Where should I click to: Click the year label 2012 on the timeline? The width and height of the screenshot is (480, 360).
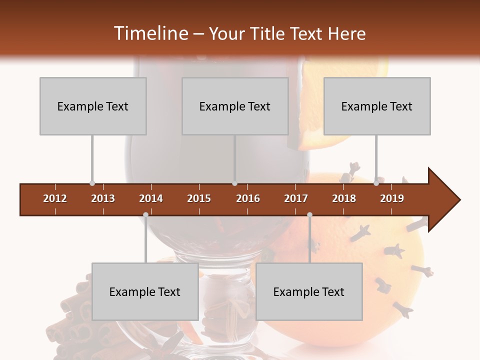pyautogui.click(x=55, y=198)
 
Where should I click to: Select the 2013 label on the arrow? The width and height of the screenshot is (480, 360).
pyautogui.click(x=103, y=198)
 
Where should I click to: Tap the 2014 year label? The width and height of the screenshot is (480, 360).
pyautogui.click(x=151, y=198)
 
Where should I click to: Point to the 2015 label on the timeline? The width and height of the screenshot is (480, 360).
pyautogui.click(x=199, y=198)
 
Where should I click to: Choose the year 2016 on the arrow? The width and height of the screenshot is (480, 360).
pyautogui.click(x=248, y=198)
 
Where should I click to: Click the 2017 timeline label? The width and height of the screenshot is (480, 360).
pyautogui.click(x=296, y=198)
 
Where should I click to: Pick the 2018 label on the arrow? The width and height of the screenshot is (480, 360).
pyautogui.click(x=344, y=198)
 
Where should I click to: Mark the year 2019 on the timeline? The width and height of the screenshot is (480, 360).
pyautogui.click(x=392, y=198)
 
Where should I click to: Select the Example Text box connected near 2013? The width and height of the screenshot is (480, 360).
pyautogui.click(x=93, y=106)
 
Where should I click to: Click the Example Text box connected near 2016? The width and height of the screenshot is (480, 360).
pyautogui.click(x=235, y=106)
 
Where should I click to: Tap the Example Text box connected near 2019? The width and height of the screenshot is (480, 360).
pyautogui.click(x=377, y=106)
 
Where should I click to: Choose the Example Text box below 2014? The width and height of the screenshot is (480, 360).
pyautogui.click(x=145, y=291)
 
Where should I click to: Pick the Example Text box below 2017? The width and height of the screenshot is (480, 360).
pyautogui.click(x=309, y=291)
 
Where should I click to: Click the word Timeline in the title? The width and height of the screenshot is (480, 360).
pyautogui.click(x=150, y=33)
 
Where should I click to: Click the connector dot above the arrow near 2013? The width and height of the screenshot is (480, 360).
pyautogui.click(x=92, y=183)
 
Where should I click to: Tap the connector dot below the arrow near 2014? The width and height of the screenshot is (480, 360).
pyautogui.click(x=145, y=215)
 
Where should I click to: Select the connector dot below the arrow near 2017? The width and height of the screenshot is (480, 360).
pyautogui.click(x=309, y=215)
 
